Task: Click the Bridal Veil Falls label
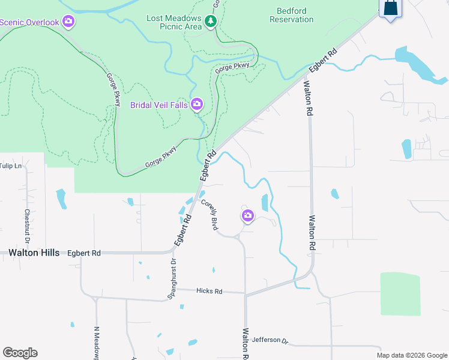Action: pos(159,105)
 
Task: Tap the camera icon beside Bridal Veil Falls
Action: pos(196,105)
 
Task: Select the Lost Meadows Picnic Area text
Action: pos(173,22)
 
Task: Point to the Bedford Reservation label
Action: pos(291,15)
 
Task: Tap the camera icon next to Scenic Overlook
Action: pos(68,22)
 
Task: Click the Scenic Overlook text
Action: pos(29,23)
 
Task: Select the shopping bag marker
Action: pos(390,8)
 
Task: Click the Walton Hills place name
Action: pos(34,253)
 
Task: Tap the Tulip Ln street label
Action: pos(11,166)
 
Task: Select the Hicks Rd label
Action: pos(209,291)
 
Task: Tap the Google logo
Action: pos(20,353)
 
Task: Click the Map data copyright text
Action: pos(411,355)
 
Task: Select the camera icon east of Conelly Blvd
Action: pos(247,215)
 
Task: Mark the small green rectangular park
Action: pos(400,293)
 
